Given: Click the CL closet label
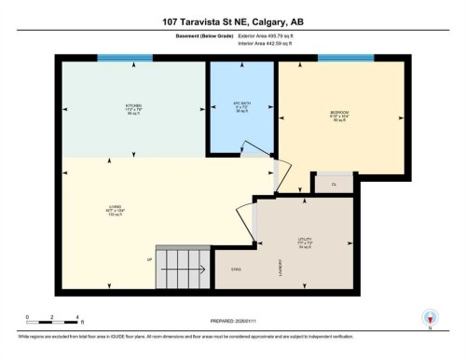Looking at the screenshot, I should (x=334, y=185).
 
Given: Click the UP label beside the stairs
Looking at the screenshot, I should (x=149, y=259).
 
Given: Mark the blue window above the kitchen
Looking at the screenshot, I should (x=125, y=60).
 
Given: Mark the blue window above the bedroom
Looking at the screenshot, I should (x=345, y=60).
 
